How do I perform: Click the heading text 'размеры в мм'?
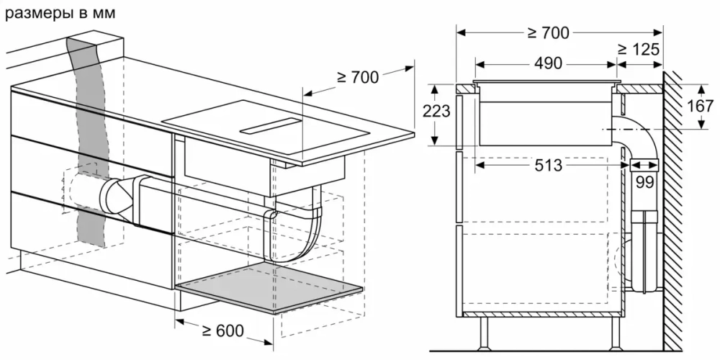tap(60, 14)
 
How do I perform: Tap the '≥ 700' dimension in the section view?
tap(546, 32)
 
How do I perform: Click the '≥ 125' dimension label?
tap(639, 50)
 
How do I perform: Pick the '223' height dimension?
tap(437, 112)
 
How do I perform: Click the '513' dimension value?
tap(548, 165)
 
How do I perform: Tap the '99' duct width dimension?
tap(644, 182)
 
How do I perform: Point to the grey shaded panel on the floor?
tap(270, 288)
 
